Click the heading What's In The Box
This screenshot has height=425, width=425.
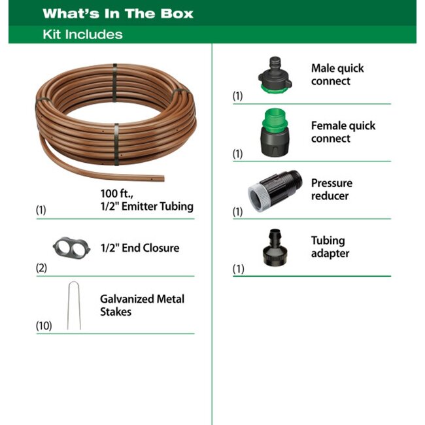(x=118, y=14)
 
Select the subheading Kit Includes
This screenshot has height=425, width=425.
(x=82, y=35)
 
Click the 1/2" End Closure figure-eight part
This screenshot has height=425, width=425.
(x=71, y=248)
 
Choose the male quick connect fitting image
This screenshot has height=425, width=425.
(x=275, y=75)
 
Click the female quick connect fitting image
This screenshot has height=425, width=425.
(x=275, y=132)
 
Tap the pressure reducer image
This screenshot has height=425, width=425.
(x=275, y=191)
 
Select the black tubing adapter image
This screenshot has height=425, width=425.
(x=275, y=247)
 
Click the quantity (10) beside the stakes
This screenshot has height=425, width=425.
(x=44, y=326)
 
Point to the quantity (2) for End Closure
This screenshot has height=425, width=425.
(x=41, y=268)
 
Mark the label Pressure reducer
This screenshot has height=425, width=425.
(x=331, y=190)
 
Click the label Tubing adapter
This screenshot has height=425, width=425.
(x=330, y=247)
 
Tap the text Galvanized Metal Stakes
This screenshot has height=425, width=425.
(x=142, y=305)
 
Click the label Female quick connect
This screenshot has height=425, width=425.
(x=343, y=132)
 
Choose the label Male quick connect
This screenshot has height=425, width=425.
(x=337, y=75)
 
